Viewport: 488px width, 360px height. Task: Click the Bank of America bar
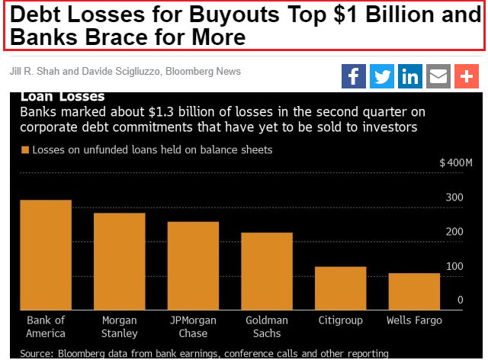pos(46,255)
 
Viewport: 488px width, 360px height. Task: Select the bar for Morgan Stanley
pos(120,261)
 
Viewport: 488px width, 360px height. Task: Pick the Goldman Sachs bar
pos(267,271)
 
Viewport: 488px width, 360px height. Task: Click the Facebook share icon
pos(354,76)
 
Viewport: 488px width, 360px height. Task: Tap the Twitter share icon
pos(382,76)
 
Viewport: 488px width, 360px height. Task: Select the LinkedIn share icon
pos(410,76)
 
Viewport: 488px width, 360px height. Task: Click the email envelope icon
pos(438,76)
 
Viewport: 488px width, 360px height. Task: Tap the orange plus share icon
pos(465,76)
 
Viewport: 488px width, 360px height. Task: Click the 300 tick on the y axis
pos(454,197)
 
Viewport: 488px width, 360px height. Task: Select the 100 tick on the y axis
pos(454,265)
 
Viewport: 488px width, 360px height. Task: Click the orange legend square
pos(25,150)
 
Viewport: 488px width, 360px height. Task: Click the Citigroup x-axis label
pos(341,320)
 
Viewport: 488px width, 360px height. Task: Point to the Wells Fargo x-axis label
pos(414,320)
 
